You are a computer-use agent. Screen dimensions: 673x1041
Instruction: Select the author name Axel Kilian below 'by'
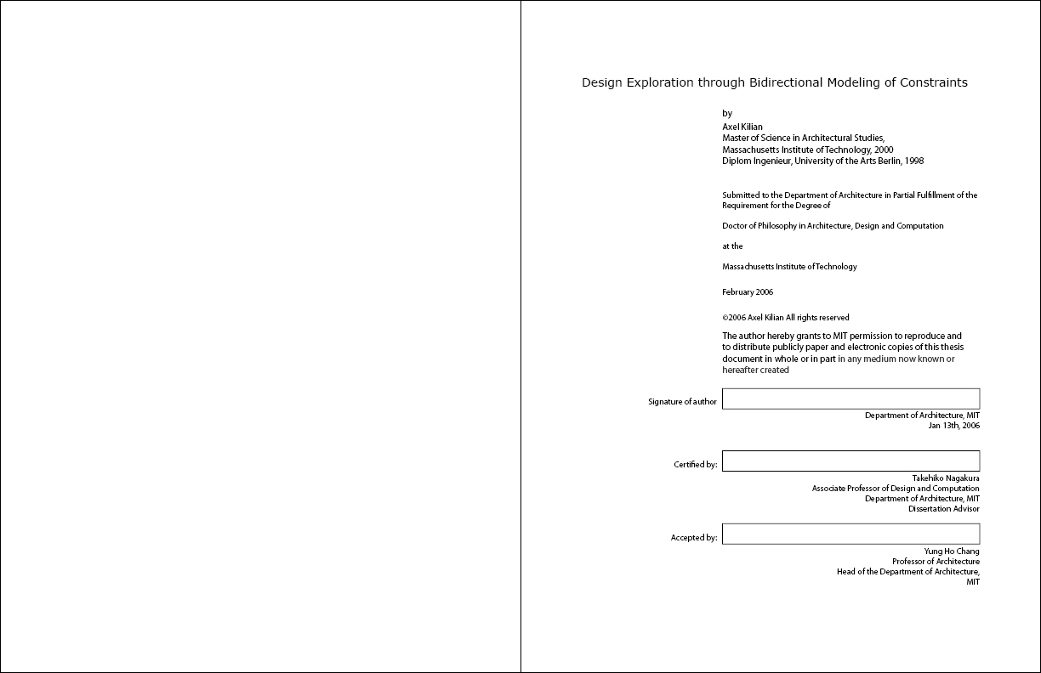742,127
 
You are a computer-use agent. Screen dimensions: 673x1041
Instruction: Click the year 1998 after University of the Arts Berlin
914,161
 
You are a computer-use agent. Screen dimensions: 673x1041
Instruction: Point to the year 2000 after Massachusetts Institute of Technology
884,150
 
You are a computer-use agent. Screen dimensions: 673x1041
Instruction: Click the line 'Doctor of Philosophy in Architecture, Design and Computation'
833,226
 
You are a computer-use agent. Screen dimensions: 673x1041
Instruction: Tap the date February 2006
748,292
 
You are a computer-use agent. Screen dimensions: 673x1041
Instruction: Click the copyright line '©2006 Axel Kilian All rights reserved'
785,318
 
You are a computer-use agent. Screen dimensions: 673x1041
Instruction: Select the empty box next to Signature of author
850,399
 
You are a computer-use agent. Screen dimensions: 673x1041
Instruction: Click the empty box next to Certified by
850,461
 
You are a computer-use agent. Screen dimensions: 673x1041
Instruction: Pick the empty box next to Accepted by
850,534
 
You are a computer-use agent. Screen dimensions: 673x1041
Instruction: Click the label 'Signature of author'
682,402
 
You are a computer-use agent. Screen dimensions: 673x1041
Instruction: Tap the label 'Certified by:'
696,465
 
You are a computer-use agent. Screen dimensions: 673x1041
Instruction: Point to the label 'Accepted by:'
694,538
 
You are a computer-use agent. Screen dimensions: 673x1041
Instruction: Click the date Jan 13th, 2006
953,426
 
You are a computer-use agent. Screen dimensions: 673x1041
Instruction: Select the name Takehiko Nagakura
946,478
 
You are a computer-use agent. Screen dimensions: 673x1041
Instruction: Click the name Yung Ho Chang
952,551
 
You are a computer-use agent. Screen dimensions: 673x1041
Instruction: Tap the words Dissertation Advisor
943,509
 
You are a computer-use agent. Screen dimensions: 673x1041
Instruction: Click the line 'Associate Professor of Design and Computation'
896,489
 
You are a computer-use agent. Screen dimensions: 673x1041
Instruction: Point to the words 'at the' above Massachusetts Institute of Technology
732,246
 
